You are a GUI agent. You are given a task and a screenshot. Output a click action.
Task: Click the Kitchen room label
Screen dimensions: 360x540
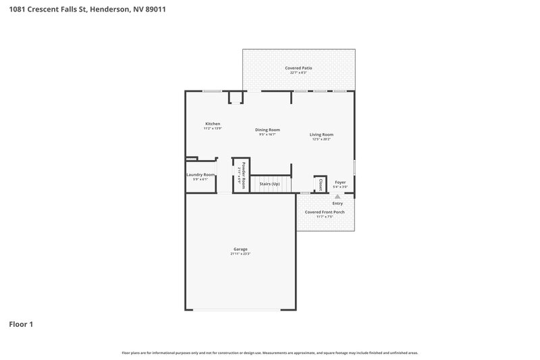click(213, 124)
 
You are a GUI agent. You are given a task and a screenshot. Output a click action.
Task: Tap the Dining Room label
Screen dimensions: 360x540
click(267, 130)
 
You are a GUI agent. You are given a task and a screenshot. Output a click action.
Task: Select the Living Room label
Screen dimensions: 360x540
click(321, 134)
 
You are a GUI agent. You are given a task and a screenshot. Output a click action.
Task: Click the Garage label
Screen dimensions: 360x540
click(240, 250)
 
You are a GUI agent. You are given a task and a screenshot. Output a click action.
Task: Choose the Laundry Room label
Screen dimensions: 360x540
click(200, 175)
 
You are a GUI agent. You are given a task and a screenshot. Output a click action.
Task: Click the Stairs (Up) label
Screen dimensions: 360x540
click(269, 183)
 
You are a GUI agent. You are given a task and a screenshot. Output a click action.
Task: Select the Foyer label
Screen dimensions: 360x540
click(340, 182)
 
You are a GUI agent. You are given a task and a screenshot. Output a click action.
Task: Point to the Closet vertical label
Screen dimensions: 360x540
click(321, 184)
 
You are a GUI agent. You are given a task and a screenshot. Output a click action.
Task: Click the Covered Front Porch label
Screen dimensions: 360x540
click(324, 212)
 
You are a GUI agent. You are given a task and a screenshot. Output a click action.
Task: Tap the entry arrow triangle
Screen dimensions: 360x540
click(337, 197)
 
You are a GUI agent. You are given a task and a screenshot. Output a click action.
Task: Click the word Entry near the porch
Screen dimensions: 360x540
click(337, 203)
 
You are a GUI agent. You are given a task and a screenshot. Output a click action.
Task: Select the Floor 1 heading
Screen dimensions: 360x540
click(21, 324)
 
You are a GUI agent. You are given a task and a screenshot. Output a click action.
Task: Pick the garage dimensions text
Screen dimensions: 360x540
click(240, 255)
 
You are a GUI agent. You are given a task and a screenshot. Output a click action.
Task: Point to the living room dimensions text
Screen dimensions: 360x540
click(321, 139)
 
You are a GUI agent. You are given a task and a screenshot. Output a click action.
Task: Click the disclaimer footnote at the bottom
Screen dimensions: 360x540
click(270, 353)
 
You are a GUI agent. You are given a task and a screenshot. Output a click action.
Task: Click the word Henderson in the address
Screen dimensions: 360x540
click(107, 9)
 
